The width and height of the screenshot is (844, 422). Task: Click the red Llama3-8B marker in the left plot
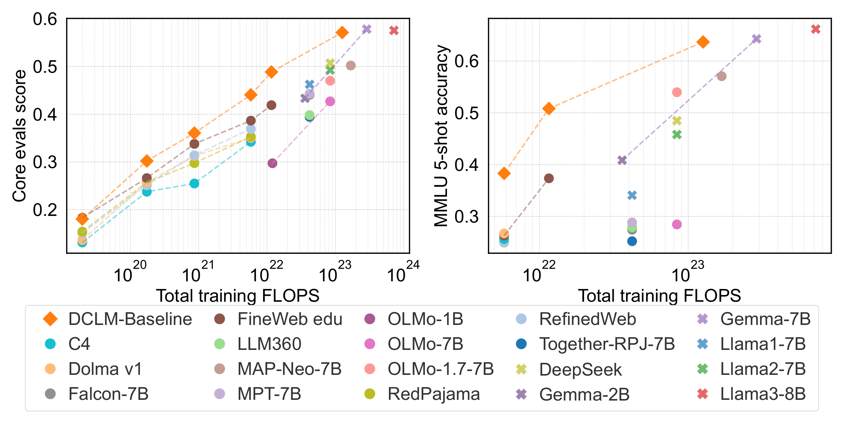point(394,31)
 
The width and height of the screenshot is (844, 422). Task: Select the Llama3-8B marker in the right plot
point(816,29)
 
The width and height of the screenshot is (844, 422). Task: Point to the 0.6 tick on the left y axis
point(45,19)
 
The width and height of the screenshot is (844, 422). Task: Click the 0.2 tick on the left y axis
point(45,210)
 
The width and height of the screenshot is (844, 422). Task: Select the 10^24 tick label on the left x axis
point(403,273)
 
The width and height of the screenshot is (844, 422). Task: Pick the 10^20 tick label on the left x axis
point(129,273)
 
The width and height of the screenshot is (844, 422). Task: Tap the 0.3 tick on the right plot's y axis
point(466,217)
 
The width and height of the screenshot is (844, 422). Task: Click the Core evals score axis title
point(19,136)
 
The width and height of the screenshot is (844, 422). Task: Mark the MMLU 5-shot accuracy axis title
point(441,136)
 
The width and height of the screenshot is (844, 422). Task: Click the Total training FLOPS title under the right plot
point(659,296)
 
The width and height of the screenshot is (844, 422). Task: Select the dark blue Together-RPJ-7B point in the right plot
point(632,241)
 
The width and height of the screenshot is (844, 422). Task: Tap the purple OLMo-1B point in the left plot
point(272,163)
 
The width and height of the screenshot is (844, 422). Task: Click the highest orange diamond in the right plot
point(703,42)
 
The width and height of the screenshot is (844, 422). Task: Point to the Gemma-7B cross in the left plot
point(366,29)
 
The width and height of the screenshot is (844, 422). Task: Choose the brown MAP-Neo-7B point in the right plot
point(721,76)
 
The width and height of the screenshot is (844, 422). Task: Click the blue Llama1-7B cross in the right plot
point(632,195)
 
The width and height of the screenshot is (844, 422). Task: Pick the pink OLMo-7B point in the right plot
point(677,224)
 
